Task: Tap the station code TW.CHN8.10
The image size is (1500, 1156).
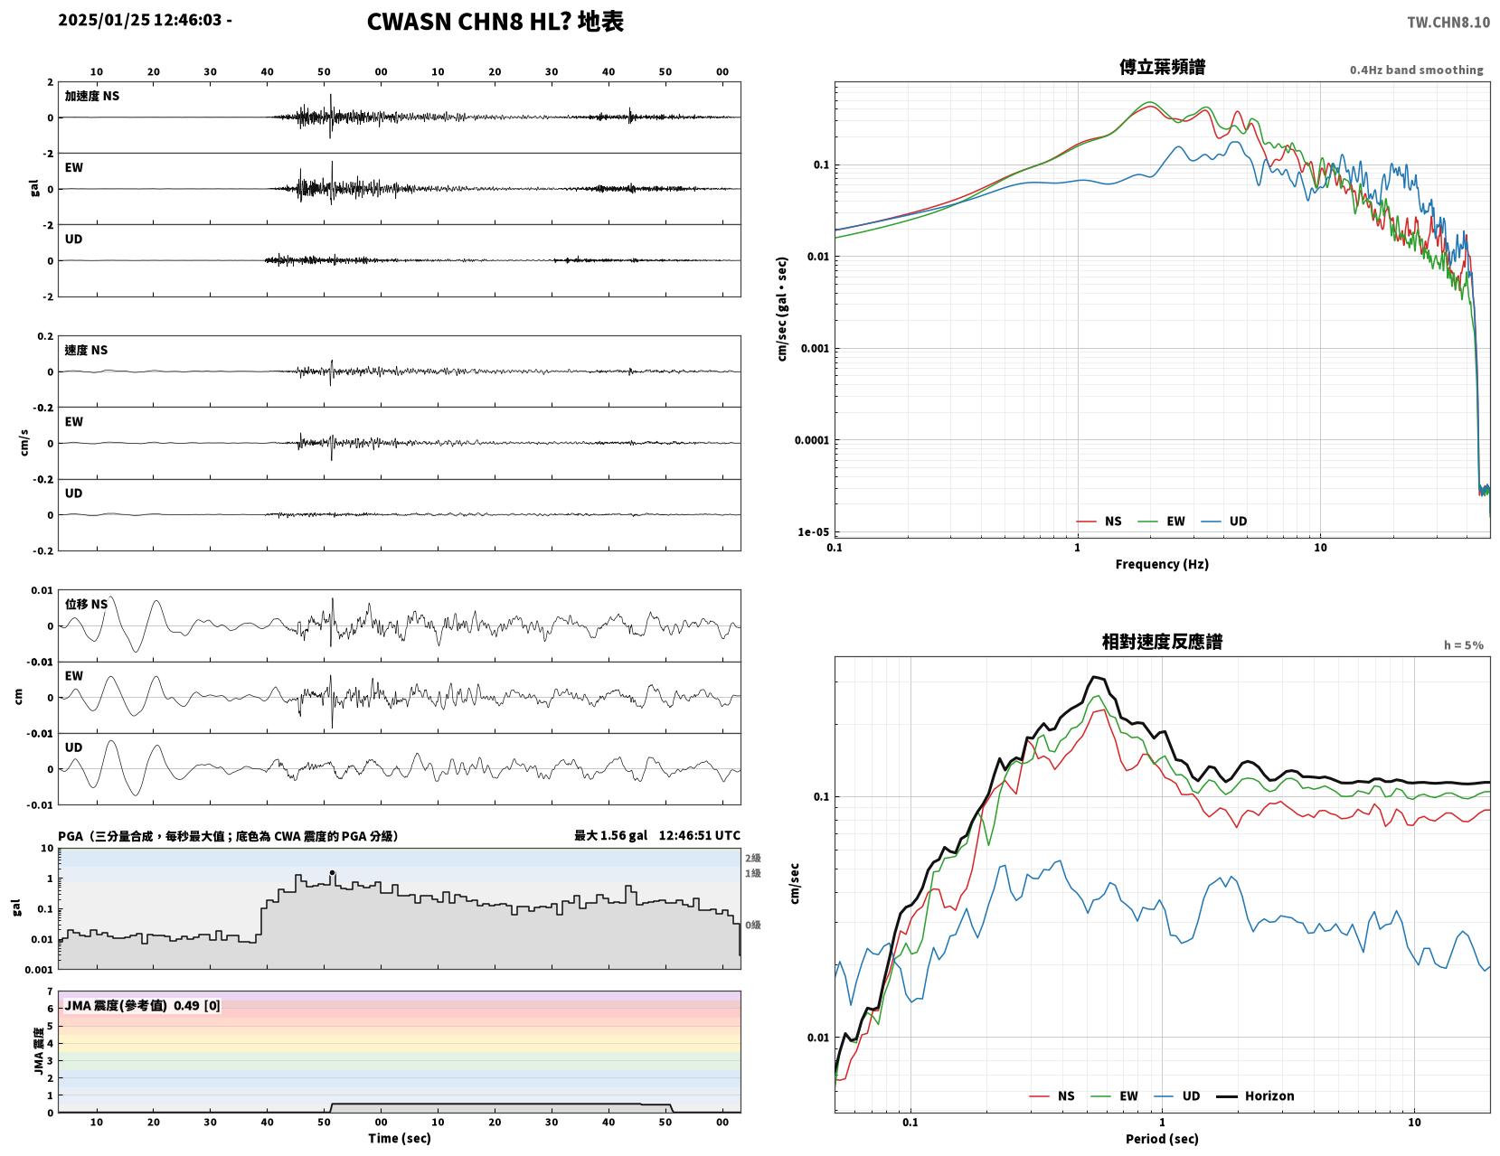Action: pyautogui.click(x=1448, y=23)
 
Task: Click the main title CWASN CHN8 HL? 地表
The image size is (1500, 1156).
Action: pyautogui.click(x=495, y=22)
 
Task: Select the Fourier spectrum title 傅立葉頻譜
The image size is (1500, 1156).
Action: pyautogui.click(x=1162, y=67)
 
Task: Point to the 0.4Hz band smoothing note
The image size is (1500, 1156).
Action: pyautogui.click(x=1416, y=70)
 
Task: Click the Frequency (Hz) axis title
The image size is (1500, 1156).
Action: pyautogui.click(x=1162, y=564)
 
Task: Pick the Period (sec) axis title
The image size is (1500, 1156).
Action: pyautogui.click(x=1162, y=1139)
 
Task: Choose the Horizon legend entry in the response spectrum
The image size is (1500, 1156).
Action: pyautogui.click(x=1254, y=1096)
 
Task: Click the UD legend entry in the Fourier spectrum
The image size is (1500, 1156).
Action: pyautogui.click(x=1224, y=522)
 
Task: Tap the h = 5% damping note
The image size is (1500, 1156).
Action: pyautogui.click(x=1463, y=645)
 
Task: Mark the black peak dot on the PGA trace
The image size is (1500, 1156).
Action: pyautogui.click(x=332, y=872)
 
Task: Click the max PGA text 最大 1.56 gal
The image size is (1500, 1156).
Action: pyautogui.click(x=611, y=836)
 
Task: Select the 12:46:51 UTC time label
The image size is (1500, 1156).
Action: pyautogui.click(x=699, y=836)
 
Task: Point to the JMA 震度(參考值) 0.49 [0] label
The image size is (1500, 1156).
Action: pyautogui.click(x=142, y=1006)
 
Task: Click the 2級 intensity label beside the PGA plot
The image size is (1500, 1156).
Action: pyautogui.click(x=752, y=858)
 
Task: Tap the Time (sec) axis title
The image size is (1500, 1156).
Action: pyautogui.click(x=399, y=1138)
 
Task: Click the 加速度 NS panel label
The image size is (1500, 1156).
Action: pyautogui.click(x=92, y=96)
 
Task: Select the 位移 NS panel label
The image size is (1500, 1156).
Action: pyautogui.click(x=86, y=604)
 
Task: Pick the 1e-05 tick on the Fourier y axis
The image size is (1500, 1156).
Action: pyautogui.click(x=813, y=531)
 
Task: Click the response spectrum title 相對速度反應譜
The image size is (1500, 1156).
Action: pyautogui.click(x=1162, y=642)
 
